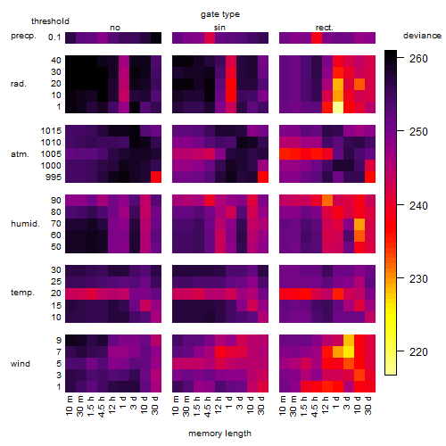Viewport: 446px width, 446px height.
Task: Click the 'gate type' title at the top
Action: point(220,14)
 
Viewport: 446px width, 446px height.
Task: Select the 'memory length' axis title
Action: point(219,434)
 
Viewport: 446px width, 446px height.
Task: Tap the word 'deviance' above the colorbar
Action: point(422,36)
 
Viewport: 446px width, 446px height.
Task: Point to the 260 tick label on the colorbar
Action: point(418,59)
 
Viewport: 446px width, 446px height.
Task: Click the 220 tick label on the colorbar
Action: point(418,352)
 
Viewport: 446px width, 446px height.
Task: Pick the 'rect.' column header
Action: point(324,28)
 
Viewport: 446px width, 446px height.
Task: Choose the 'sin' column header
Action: point(219,28)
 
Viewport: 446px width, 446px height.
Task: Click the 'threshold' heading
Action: point(50,21)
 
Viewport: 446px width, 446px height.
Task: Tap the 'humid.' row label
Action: point(25,224)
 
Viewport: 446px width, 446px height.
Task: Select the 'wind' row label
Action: point(21,364)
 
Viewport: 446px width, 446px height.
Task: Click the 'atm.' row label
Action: point(20,154)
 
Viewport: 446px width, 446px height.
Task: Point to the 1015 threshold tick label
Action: point(51,131)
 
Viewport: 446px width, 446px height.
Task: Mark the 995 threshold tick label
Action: point(54,178)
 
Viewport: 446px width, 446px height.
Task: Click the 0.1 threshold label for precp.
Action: point(54,37)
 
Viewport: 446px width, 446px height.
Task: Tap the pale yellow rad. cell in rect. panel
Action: point(338,107)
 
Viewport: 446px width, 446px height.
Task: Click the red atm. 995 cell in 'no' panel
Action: point(156,178)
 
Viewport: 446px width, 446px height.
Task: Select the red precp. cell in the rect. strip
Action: point(317,37)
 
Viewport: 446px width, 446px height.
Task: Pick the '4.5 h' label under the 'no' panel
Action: point(102,407)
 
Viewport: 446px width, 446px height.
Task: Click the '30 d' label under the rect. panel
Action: point(368,405)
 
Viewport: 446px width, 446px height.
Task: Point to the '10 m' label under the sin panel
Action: point(176,406)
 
